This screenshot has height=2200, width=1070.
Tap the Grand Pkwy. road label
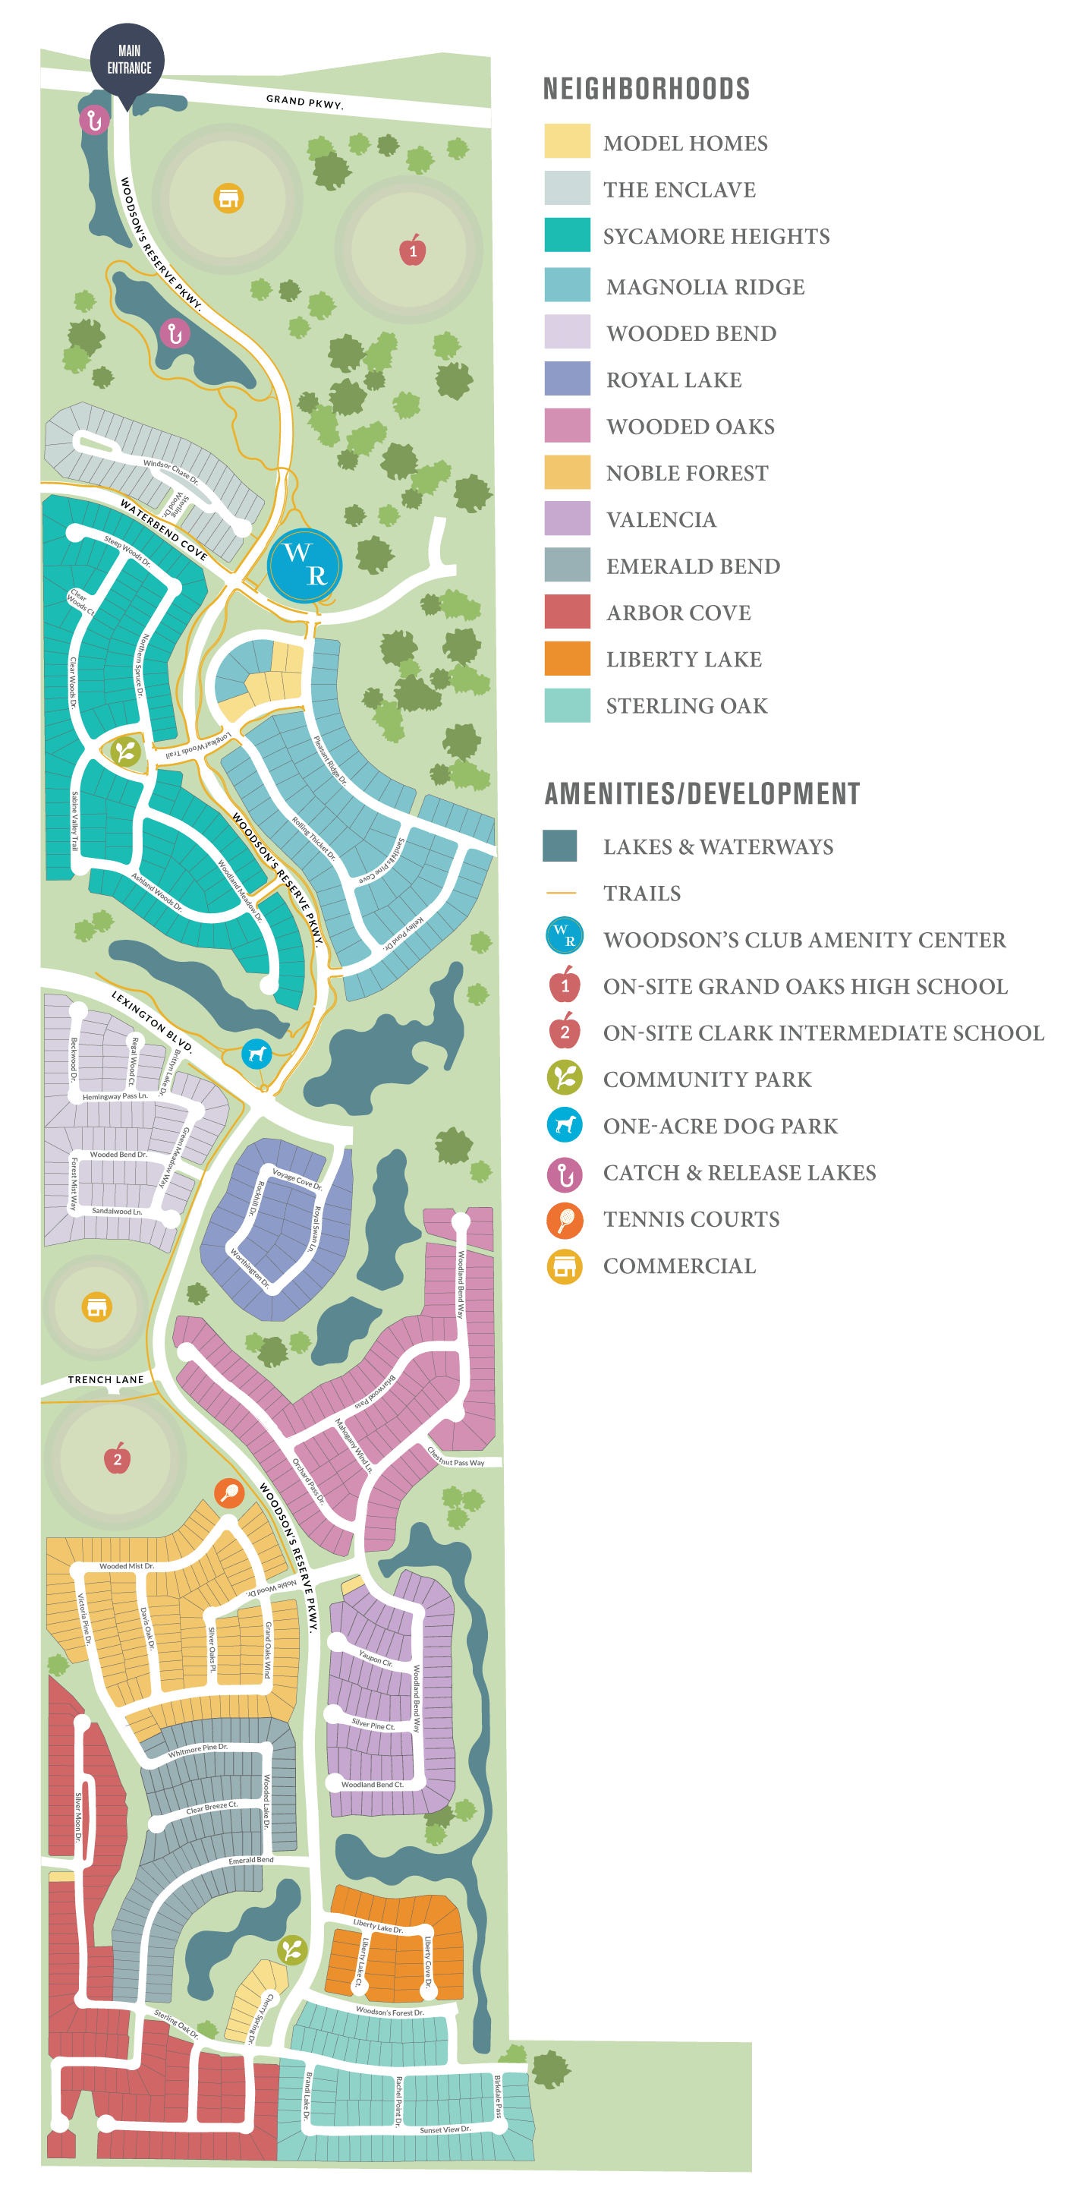304,102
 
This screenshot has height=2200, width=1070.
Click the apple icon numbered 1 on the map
413,251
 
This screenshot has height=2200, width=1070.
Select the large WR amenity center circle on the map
305,565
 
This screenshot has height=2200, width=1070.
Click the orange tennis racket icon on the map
229,1492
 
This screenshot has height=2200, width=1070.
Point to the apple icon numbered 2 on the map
118,1459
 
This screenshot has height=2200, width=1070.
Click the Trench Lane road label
106,1379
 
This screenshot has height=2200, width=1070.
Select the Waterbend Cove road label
163,530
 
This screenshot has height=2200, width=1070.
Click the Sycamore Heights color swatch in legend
567,235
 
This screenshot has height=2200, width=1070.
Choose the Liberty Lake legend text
683,659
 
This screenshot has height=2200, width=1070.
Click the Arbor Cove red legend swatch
567,612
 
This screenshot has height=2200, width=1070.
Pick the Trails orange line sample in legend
561,893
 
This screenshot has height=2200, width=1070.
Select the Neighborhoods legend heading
647,89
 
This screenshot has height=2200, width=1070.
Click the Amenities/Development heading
701,794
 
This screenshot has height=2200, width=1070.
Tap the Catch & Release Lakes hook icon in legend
565,1174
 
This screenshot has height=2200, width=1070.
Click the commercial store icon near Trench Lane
96,1306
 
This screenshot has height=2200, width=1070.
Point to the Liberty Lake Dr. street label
379,1926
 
